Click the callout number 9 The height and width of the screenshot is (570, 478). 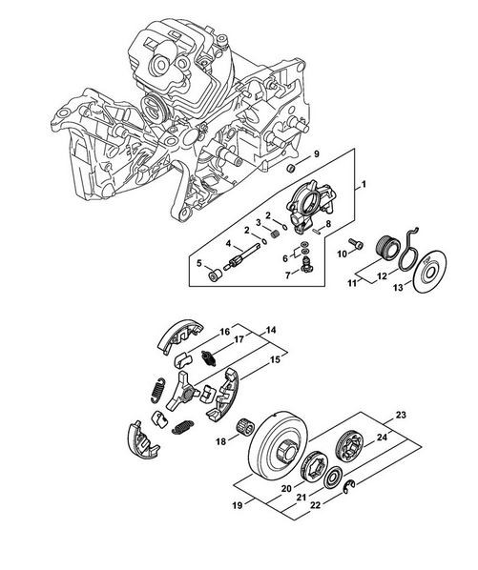coord(317,154)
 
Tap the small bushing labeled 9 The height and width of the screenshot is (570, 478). coord(291,169)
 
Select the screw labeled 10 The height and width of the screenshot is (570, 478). coord(356,244)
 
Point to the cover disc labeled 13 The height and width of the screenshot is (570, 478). coord(430,270)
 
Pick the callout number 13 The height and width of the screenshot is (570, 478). coord(399,288)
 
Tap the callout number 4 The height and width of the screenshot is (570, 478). coord(228,243)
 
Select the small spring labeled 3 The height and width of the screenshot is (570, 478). coord(276,233)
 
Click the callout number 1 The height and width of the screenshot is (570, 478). coord(364,184)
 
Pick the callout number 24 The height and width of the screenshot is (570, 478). coord(382,438)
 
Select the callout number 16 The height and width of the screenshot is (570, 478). coord(225,332)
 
